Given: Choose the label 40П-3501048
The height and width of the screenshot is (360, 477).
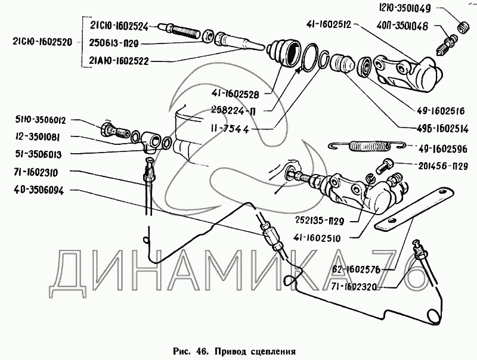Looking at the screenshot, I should tap(406, 27).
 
